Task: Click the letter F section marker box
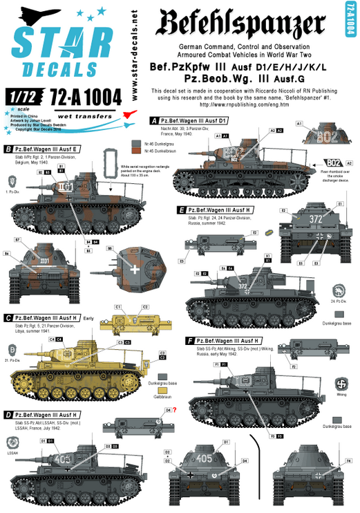(x=189, y=341)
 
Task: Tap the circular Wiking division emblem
(x=340, y=381)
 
